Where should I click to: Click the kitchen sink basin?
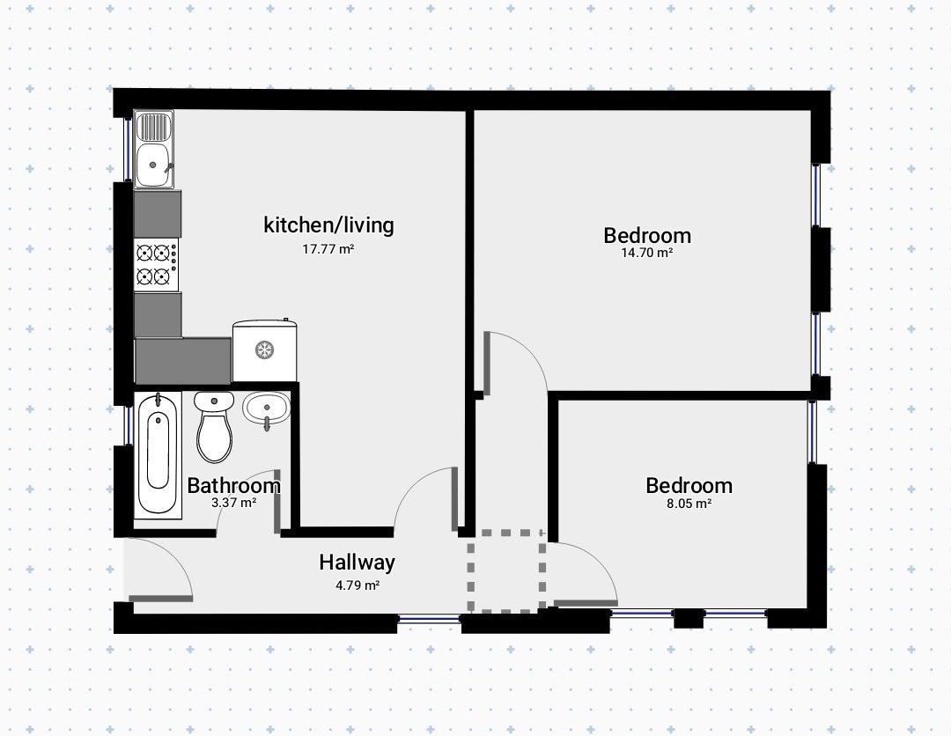[x=152, y=165]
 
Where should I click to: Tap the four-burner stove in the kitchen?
[x=157, y=264]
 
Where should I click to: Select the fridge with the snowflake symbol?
[x=265, y=350]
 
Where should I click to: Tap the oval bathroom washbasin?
[x=267, y=408]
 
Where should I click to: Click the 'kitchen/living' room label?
[x=328, y=224]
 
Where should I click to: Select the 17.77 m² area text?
[x=328, y=248]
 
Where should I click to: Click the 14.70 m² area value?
[x=647, y=253]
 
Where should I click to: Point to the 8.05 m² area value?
[x=689, y=504]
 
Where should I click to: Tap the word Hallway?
[x=358, y=563]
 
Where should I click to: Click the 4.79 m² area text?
[x=358, y=585]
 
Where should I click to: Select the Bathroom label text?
[x=233, y=486]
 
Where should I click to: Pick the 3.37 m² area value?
[x=233, y=503]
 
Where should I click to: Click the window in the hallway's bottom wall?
[x=429, y=619]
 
